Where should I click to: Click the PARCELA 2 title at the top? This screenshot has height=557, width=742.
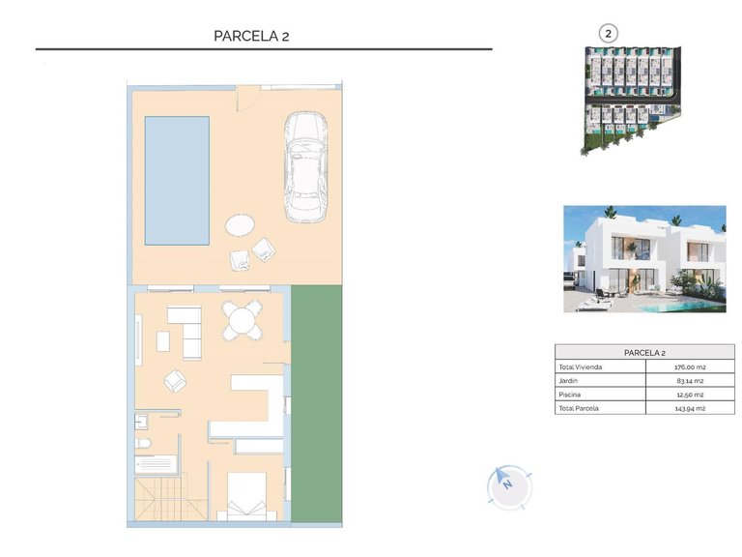click(x=251, y=36)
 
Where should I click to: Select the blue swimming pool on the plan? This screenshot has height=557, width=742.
click(x=177, y=180)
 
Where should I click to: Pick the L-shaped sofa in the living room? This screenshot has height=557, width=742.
click(x=182, y=329)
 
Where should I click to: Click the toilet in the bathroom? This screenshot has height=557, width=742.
click(x=144, y=442)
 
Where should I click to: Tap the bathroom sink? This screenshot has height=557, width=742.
click(x=141, y=420)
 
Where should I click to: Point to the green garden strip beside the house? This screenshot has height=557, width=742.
click(x=316, y=405)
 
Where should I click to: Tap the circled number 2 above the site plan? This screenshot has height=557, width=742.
click(x=608, y=33)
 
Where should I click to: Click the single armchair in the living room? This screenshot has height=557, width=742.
click(x=175, y=381)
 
